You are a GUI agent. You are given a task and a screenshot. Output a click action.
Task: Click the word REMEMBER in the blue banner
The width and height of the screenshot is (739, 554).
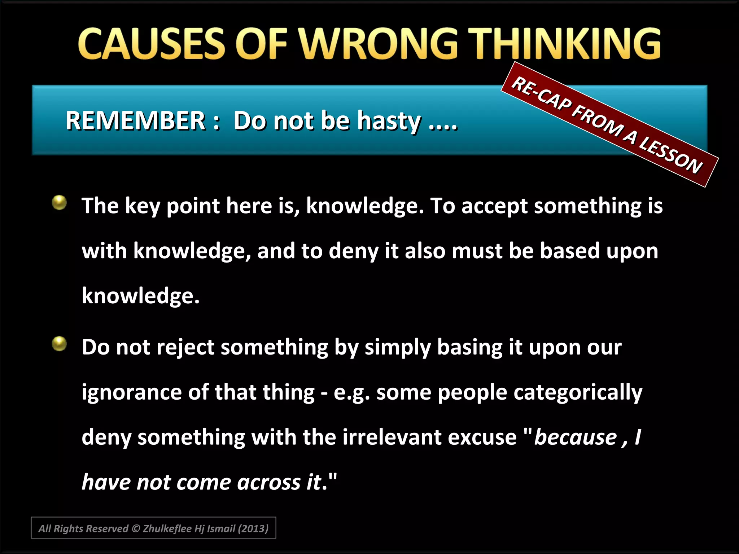click(x=135, y=120)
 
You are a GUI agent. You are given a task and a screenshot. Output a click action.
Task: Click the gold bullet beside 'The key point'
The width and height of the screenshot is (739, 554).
click(x=59, y=202)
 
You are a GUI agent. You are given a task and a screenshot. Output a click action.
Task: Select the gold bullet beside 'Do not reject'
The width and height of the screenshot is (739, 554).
click(x=59, y=343)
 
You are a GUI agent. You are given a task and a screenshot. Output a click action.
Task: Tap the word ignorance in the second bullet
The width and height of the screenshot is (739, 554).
click(x=131, y=392)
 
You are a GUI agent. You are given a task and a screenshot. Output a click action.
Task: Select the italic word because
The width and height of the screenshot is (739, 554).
click(x=576, y=437)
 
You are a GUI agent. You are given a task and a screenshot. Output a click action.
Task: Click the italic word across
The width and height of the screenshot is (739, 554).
click(x=269, y=482)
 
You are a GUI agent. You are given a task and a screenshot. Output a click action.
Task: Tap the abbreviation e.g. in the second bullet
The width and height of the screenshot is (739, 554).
click(x=351, y=392)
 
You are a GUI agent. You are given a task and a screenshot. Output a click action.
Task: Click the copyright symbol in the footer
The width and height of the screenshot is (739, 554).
click(x=136, y=529)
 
